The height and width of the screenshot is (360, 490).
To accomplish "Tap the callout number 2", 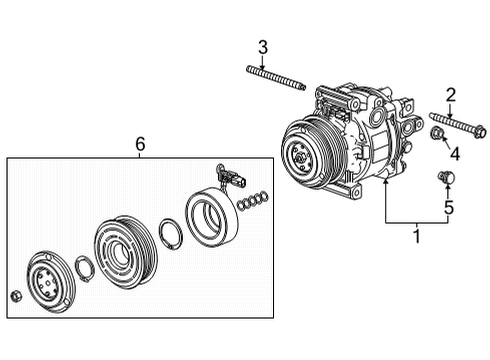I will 450,95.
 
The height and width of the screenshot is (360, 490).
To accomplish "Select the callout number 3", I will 263,47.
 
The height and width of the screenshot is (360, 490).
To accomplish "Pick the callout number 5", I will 448,208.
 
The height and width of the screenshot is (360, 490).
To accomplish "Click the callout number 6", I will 140,145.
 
